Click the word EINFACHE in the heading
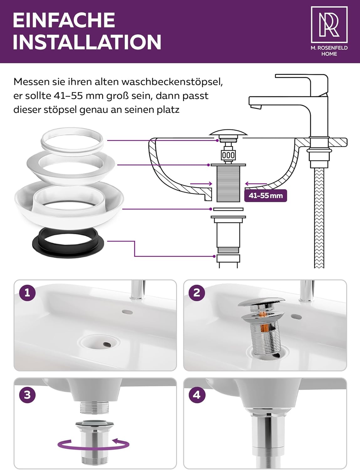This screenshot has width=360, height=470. (x=64, y=20)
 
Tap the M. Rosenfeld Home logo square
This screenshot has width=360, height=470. (x=329, y=24)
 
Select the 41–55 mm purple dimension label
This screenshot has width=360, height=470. (x=265, y=196)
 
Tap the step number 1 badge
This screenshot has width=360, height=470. (x=27, y=293)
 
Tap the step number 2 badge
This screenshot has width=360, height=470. (x=197, y=293)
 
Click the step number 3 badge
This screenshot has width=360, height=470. (x=27, y=395)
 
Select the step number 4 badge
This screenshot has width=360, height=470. (x=197, y=395)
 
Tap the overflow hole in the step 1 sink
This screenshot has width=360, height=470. (x=127, y=312)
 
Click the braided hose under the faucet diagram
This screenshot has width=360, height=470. (x=319, y=218)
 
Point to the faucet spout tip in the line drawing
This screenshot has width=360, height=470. (x=256, y=107)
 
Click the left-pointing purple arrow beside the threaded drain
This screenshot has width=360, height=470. (x=256, y=184)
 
